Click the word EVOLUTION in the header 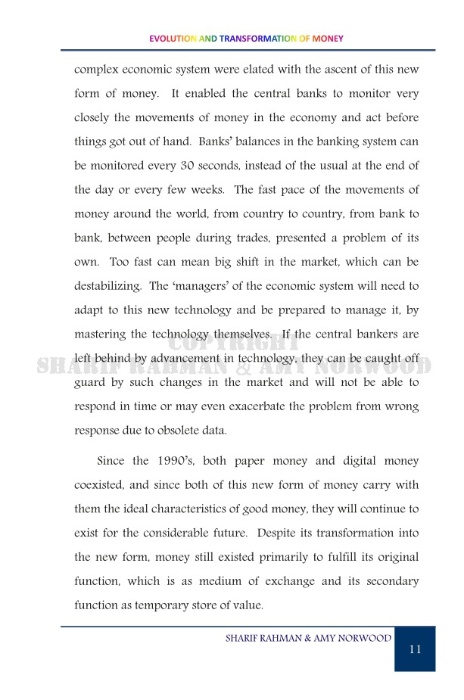pos(173,39)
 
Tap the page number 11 pos(415,649)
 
